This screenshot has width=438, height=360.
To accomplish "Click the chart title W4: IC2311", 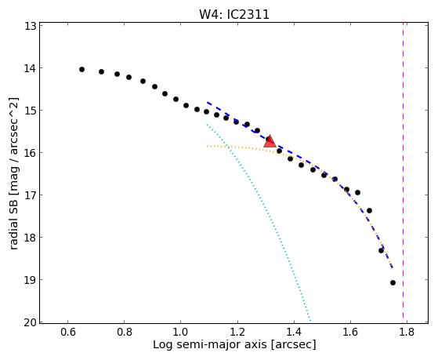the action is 234,14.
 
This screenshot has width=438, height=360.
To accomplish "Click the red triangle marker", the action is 270,141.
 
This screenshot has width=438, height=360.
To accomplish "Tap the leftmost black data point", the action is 81,69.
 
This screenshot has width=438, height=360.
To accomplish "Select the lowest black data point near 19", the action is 393,283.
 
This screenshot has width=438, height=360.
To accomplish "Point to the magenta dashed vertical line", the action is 403,170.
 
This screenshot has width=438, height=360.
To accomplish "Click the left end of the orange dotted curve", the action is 207,146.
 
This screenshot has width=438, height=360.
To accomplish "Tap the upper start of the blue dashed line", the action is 207,103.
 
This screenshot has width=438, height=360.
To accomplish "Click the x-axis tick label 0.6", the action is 67,332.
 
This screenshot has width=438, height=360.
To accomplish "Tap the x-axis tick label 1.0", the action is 180,332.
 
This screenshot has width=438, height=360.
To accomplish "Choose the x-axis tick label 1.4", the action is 294,332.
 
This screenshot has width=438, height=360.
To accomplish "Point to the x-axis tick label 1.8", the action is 407,332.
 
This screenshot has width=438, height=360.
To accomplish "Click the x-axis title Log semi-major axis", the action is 210,345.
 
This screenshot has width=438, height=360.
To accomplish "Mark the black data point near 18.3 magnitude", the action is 382,250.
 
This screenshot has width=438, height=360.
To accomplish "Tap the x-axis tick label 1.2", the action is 237,332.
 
